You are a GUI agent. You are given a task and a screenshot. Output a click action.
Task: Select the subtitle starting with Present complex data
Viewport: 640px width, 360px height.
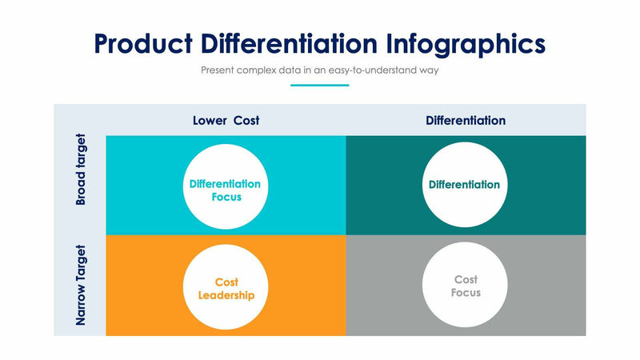coord(319,70)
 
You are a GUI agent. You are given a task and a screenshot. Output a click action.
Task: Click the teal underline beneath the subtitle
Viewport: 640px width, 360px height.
coord(319,85)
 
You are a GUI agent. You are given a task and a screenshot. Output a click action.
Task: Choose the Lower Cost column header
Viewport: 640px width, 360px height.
coord(226,121)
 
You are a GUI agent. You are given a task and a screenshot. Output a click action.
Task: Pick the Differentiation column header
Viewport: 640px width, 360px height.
coord(466,121)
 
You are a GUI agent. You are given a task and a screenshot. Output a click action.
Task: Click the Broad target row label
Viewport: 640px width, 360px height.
coord(80,170)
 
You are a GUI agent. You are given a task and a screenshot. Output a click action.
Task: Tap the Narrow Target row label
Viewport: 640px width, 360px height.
coord(80,286)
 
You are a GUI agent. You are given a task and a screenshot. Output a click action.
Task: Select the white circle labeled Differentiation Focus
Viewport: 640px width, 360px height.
coord(225,185)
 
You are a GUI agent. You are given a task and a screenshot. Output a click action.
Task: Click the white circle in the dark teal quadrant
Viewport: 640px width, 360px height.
coord(465,185)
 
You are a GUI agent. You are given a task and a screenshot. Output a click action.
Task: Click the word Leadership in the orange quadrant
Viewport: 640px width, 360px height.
coord(226,295)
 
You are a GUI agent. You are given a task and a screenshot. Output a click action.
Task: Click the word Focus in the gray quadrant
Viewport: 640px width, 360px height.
coord(466,293)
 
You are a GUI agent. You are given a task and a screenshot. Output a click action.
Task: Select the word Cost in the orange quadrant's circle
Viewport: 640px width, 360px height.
coord(227,282)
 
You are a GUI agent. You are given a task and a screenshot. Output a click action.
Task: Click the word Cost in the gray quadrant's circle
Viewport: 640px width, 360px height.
coord(466,280)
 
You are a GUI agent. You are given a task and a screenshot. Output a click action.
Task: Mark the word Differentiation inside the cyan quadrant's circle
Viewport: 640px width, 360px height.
coord(225,184)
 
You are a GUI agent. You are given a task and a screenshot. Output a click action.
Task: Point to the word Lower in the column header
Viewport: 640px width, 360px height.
coord(209,121)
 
